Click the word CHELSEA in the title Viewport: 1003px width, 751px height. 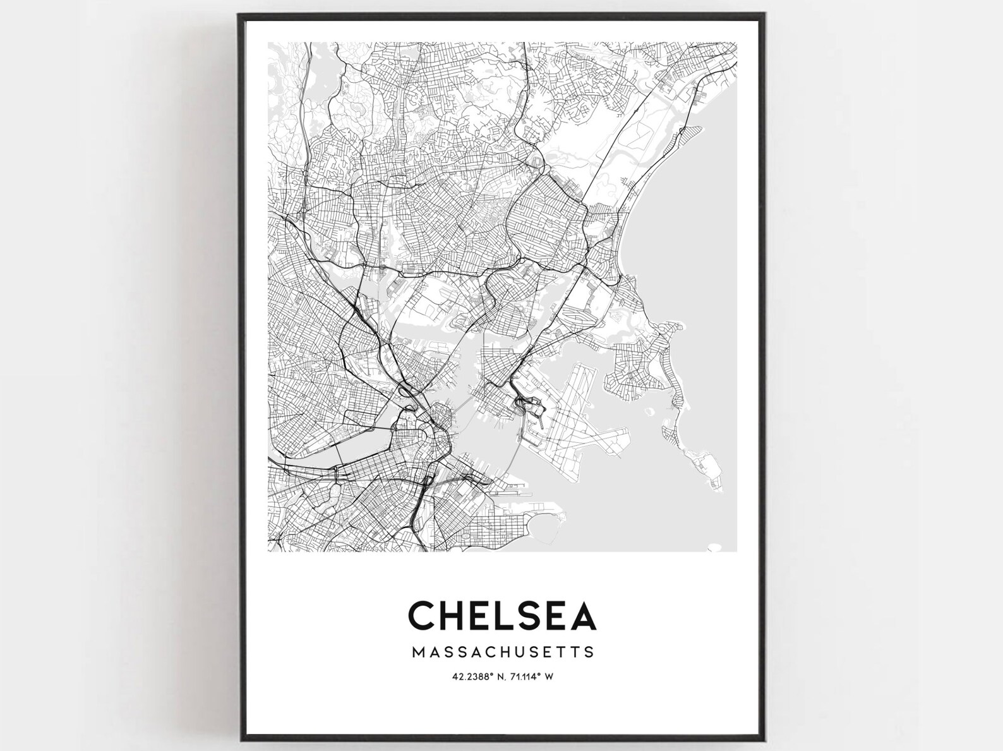502,615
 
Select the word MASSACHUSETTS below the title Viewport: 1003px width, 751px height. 502,651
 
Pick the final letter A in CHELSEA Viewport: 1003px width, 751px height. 583,615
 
